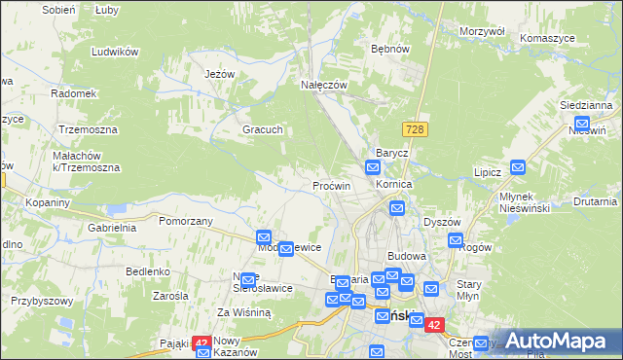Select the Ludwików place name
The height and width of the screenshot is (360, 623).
[115, 52]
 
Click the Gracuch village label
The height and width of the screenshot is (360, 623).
[262, 129]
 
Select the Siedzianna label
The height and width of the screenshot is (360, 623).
[585, 104]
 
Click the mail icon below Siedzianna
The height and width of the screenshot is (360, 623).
[581, 124]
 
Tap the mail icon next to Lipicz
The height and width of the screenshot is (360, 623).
[518, 167]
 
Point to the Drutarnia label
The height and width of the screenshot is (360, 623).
[595, 202]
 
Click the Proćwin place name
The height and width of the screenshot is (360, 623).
[331, 185]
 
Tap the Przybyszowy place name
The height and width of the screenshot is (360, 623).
[42, 301]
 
